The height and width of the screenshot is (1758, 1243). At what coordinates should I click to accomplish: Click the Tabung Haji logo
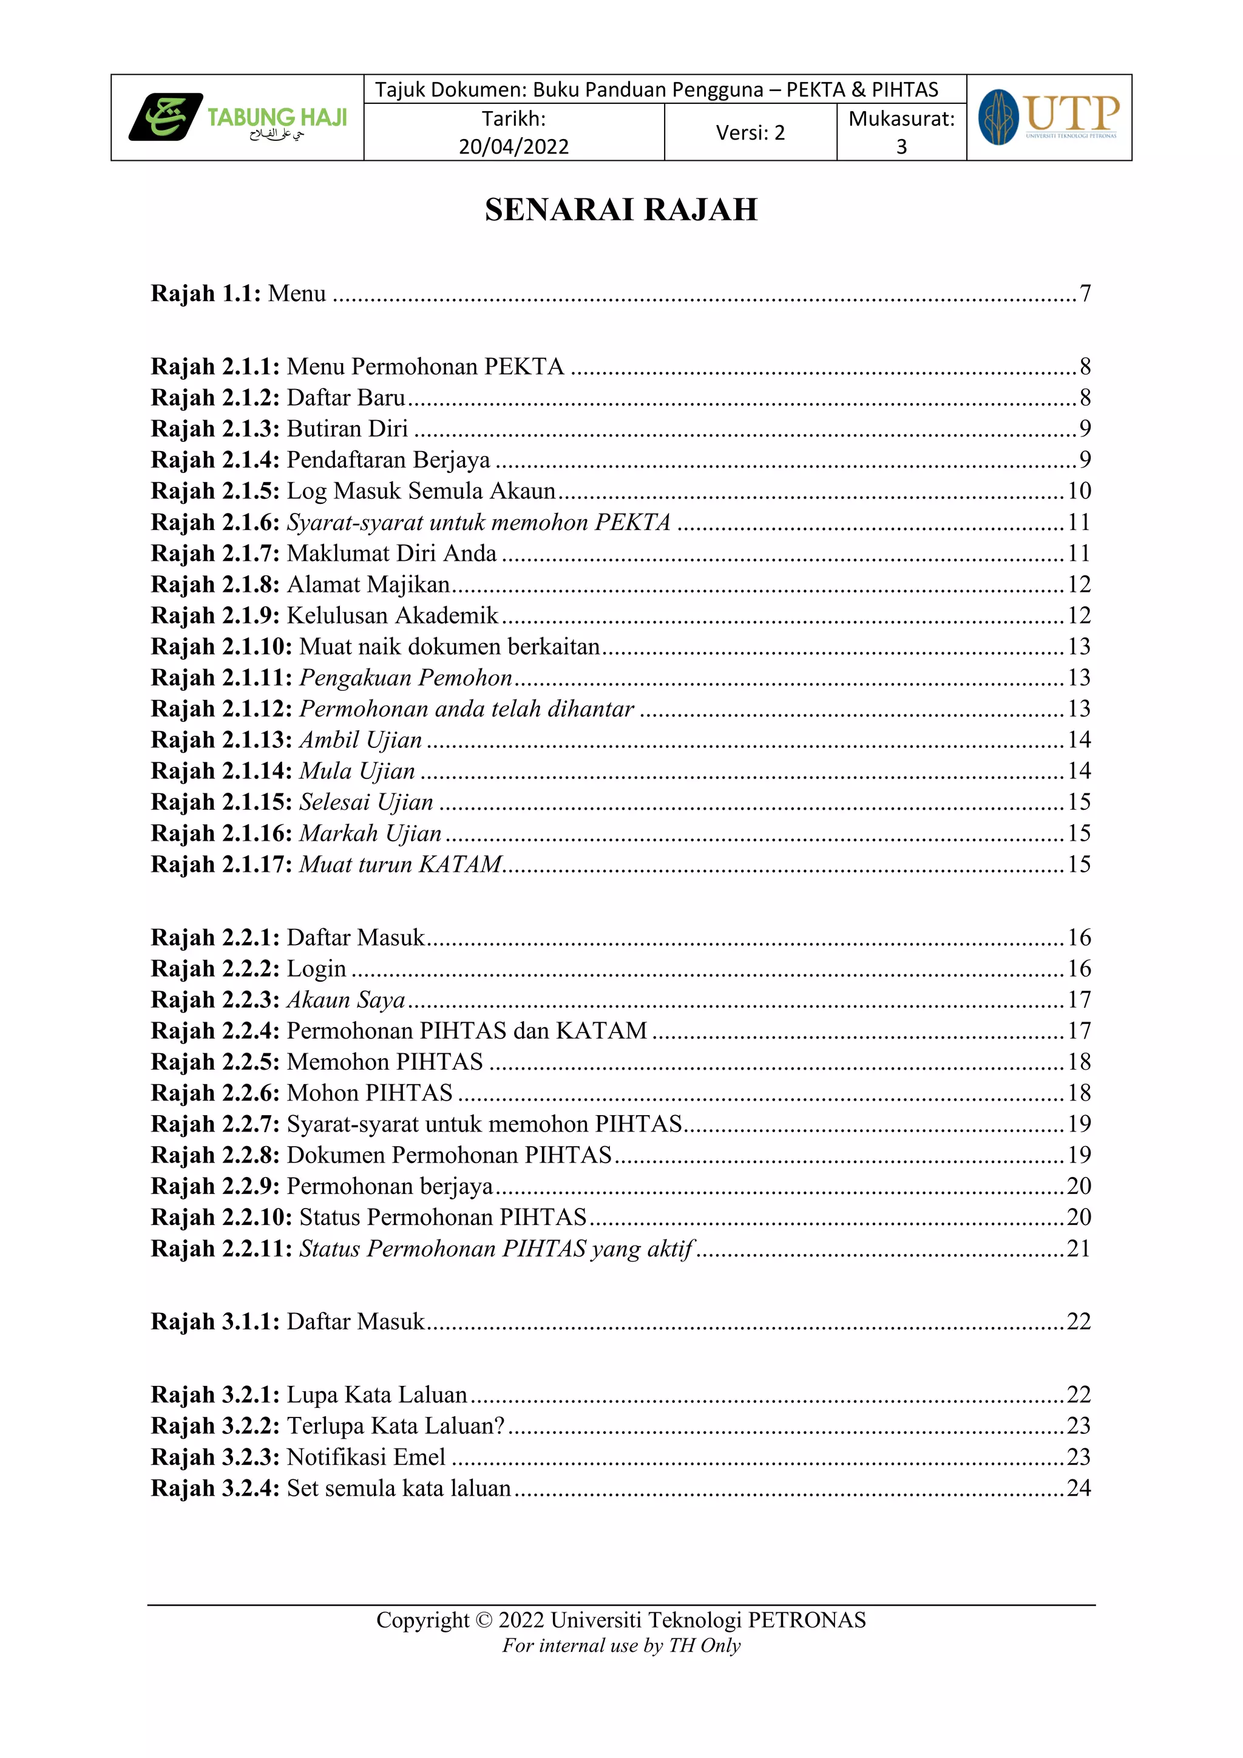237,117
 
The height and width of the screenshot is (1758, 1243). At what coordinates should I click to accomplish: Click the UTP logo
1049,117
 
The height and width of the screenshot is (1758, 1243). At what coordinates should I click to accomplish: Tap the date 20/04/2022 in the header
513,146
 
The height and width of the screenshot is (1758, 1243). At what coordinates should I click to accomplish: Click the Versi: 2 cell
750,132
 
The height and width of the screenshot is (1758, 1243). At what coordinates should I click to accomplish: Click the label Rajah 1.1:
206,293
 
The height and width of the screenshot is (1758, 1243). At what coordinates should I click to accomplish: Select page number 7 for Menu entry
1085,293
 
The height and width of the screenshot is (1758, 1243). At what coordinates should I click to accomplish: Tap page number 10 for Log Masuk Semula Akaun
1079,491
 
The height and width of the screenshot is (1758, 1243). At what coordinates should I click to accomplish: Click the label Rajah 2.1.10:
221,647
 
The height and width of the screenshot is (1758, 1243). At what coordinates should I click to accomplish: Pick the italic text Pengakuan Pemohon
405,677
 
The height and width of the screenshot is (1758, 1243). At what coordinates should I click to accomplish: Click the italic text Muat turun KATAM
401,864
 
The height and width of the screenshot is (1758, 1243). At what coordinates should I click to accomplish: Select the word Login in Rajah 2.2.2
316,969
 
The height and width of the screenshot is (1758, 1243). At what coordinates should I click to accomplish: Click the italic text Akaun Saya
346,1000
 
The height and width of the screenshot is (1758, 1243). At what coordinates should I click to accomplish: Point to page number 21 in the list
1079,1249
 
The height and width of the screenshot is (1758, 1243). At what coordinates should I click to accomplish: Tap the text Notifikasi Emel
366,1457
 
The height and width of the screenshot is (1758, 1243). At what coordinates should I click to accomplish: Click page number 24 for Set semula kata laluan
1079,1488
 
